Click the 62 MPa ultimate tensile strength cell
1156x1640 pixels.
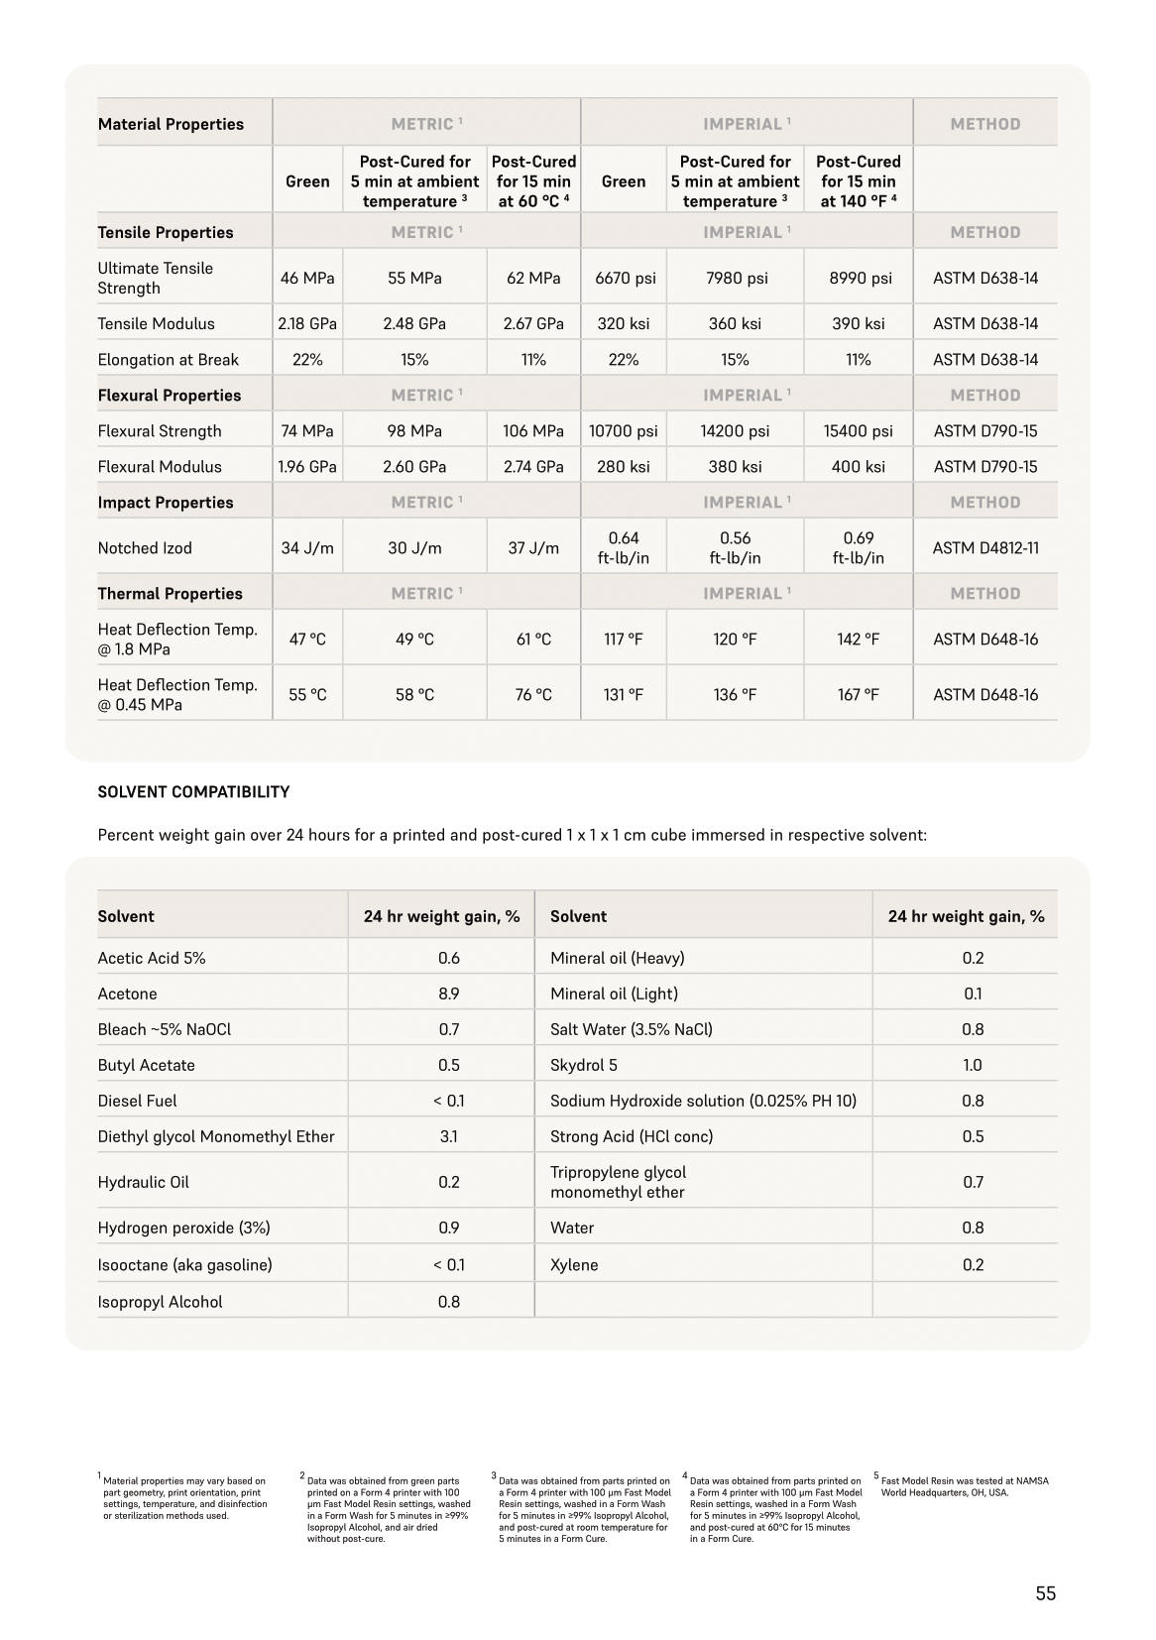(533, 279)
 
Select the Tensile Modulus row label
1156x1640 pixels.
(156, 323)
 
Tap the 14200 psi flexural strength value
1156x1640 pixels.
(735, 431)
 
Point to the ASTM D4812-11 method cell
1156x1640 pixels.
(984, 548)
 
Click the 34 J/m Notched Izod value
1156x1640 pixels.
(306, 548)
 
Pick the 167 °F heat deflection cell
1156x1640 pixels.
(858, 695)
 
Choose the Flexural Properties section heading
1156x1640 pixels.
(170, 396)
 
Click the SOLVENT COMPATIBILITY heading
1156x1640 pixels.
(193, 792)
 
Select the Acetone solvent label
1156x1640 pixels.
(127, 994)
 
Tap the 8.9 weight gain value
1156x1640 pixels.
(449, 994)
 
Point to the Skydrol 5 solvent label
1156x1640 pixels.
(584, 1065)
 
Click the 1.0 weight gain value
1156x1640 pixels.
(973, 1065)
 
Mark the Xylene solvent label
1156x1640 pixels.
(574, 1265)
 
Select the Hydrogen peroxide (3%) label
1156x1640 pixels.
(183, 1228)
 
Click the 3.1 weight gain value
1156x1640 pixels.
(449, 1136)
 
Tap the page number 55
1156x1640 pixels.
(1045, 1593)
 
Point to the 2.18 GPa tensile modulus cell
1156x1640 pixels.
(306, 323)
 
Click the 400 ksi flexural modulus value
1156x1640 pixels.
(858, 467)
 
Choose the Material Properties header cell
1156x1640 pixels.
(171, 125)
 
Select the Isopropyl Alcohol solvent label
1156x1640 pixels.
(160, 1302)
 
